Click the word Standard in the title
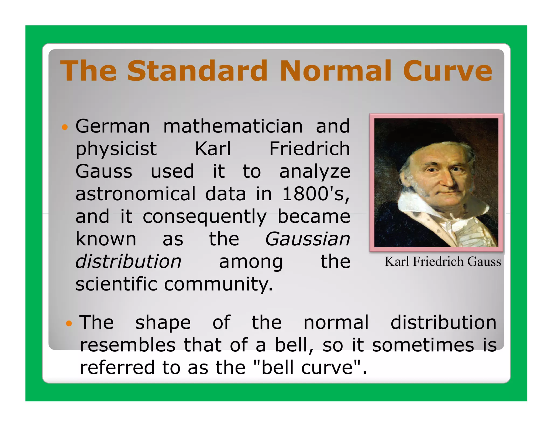[197, 71]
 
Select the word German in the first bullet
[112, 126]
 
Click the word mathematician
[233, 126]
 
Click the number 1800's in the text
[315, 194]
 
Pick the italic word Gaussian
[308, 239]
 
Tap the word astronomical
[136, 194]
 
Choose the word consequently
[205, 217]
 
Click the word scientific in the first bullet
[116, 284]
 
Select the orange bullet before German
[65, 127]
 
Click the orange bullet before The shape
[69, 323]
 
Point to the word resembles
[127, 345]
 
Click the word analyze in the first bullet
[315, 172]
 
